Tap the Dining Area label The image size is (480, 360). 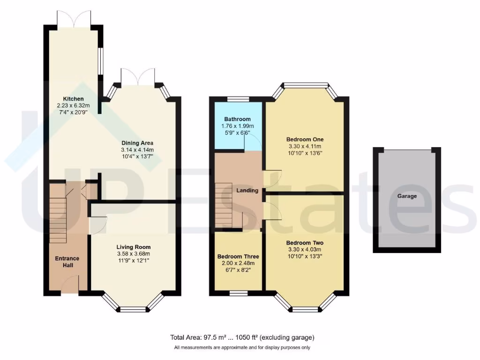click(x=137, y=143)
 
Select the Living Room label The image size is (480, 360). click(x=134, y=247)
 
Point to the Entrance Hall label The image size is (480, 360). click(x=67, y=262)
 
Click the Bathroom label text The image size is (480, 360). click(x=237, y=120)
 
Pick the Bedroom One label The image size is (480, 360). click(x=305, y=139)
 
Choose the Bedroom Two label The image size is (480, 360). click(x=305, y=243)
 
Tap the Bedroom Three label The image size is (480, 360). click(x=238, y=256)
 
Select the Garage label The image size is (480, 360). click(x=407, y=196)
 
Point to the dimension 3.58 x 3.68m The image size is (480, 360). click(x=134, y=254)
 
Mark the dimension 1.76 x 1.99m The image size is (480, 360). click(x=237, y=126)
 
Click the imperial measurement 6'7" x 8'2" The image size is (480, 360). click(x=238, y=270)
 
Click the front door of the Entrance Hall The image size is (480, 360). click(x=70, y=284)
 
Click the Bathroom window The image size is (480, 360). click(x=238, y=99)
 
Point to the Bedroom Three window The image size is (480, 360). click(x=239, y=293)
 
